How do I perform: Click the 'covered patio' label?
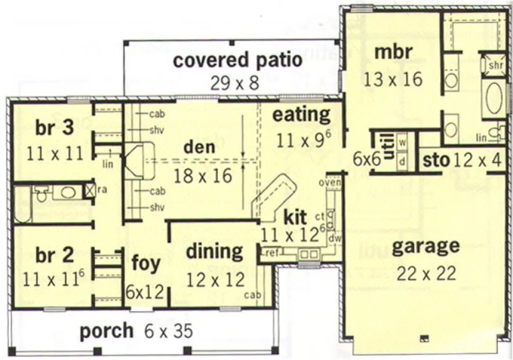pyautogui.click(x=238, y=60)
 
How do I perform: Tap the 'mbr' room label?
pyautogui.click(x=393, y=53)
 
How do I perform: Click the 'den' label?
pyautogui.click(x=199, y=147)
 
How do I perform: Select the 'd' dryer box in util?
pyautogui.click(x=402, y=161)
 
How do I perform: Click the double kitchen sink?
pyautogui.click(x=309, y=253)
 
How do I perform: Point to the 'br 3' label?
pyautogui.click(x=55, y=129)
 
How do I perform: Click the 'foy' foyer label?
pyautogui.click(x=146, y=264)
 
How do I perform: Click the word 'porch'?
pyautogui.click(x=106, y=331)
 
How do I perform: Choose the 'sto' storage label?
pyautogui.click(x=436, y=160)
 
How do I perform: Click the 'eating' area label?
pyautogui.click(x=301, y=115)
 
